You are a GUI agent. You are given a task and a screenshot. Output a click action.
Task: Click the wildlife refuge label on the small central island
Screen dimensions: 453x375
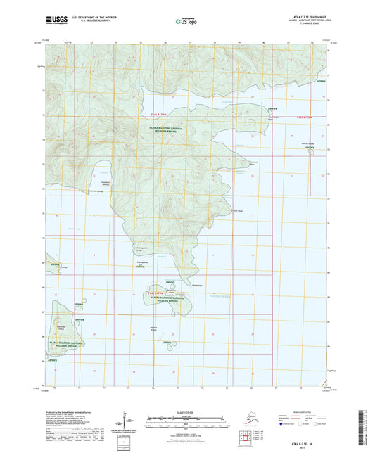coord(167,299)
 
